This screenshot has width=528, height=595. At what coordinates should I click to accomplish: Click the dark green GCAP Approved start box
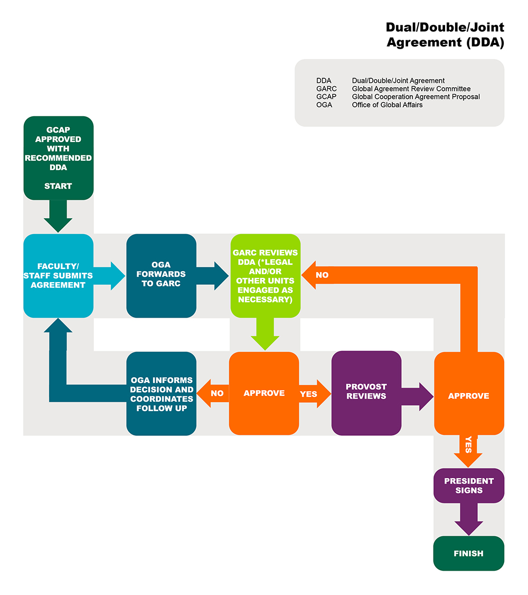coord(58,157)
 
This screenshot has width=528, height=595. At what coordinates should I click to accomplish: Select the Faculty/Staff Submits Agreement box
coord(58,276)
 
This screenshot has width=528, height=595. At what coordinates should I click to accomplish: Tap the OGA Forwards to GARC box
coord(161,276)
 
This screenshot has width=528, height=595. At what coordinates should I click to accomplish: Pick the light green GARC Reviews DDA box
coord(265,276)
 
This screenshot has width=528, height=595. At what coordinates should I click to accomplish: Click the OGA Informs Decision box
coord(161,394)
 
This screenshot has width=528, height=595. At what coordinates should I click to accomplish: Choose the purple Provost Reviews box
coord(366,392)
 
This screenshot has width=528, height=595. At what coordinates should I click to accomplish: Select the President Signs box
coord(468,486)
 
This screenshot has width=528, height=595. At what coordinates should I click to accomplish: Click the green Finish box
coord(468,554)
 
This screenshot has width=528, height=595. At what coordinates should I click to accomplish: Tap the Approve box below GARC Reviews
coord(264,394)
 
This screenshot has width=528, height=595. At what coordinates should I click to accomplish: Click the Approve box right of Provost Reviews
coord(468,396)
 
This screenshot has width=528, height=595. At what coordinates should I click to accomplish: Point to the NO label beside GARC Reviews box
coord(322,275)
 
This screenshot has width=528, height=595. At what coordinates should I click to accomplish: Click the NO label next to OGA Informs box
coord(217,394)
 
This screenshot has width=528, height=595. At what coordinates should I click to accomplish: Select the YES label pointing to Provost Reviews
coord(308,394)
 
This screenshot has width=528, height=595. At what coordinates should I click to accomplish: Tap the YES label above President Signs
coord(468,447)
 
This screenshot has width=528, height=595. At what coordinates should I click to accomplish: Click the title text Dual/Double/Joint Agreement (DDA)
coord(445,35)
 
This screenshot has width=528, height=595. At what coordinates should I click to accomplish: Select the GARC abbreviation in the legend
coord(326,89)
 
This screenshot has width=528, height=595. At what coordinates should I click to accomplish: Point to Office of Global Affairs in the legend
coord(387,105)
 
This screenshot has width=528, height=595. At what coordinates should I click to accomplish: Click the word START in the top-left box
coord(58,186)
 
